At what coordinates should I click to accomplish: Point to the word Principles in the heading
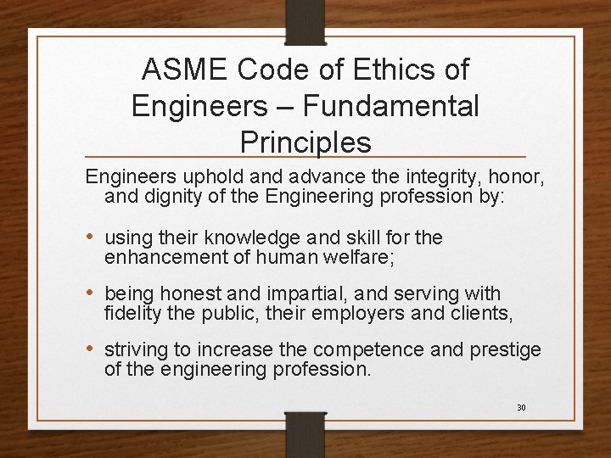click(x=305, y=142)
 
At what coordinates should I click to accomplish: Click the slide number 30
click(x=521, y=408)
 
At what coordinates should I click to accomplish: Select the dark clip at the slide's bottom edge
click(x=305, y=433)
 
